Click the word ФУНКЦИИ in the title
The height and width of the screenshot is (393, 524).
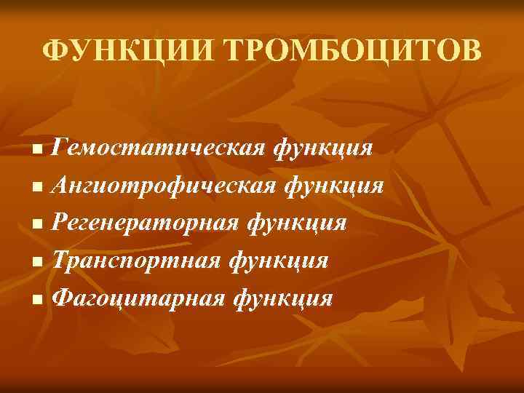click(127, 52)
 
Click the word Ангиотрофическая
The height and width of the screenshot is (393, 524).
click(164, 186)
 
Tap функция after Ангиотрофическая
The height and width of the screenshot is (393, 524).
click(333, 186)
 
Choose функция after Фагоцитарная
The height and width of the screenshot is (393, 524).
click(286, 298)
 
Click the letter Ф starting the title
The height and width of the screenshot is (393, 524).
click(54, 52)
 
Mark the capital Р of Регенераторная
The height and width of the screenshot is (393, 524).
click(61, 223)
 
